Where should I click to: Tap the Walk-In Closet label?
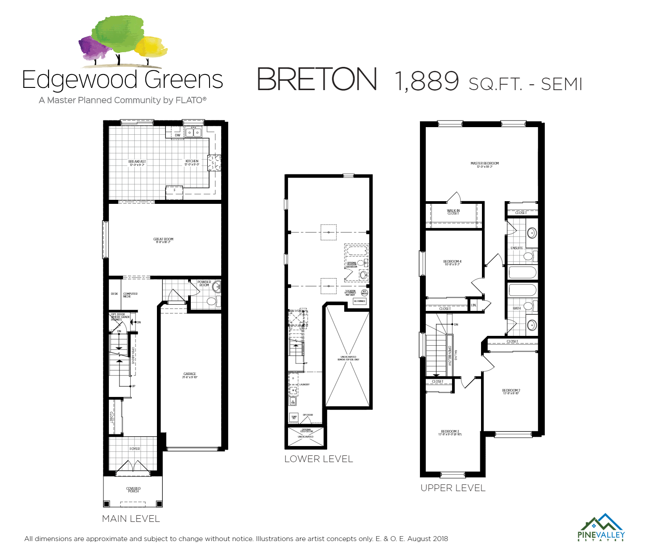453,212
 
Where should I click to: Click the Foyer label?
135,449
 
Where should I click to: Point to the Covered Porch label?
133,489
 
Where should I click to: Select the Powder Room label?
204,283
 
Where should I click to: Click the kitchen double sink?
193,132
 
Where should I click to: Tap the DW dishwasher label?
177,135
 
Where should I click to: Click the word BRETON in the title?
317,80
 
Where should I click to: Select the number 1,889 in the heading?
426,81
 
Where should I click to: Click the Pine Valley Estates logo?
601,527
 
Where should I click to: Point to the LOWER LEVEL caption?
318,459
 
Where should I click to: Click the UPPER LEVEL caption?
453,488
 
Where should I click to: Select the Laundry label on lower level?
304,384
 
